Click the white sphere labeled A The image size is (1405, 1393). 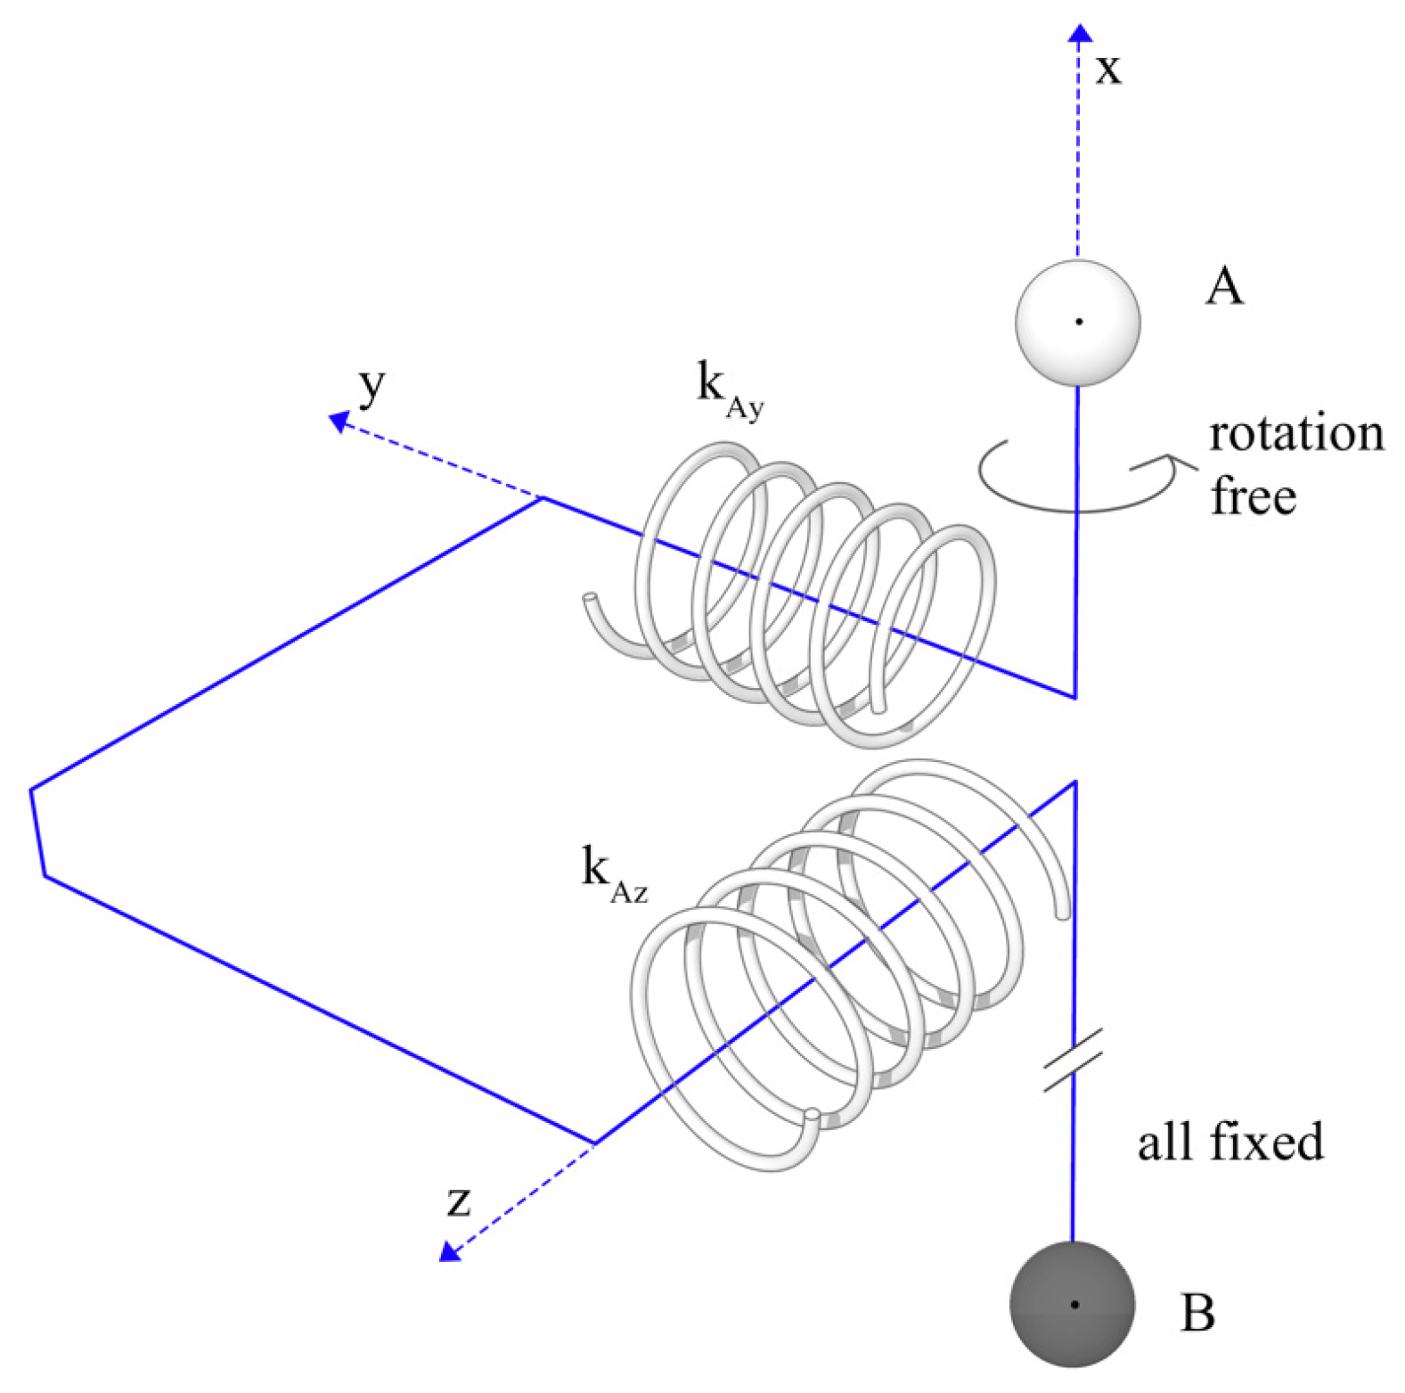[1077, 322]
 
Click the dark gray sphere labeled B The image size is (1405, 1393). [1072, 1303]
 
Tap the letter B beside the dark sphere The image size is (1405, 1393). [1197, 1312]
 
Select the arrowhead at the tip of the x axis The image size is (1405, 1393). [1080, 34]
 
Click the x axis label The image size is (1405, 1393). [1108, 68]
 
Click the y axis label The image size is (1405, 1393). [372, 385]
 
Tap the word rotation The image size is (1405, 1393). [1296, 434]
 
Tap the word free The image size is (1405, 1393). [1253, 496]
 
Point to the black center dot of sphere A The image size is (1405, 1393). [1079, 322]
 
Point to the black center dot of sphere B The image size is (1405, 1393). [1074, 1304]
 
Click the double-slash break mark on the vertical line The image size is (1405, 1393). [1073, 1059]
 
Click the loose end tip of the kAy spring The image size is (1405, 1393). [589, 598]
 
